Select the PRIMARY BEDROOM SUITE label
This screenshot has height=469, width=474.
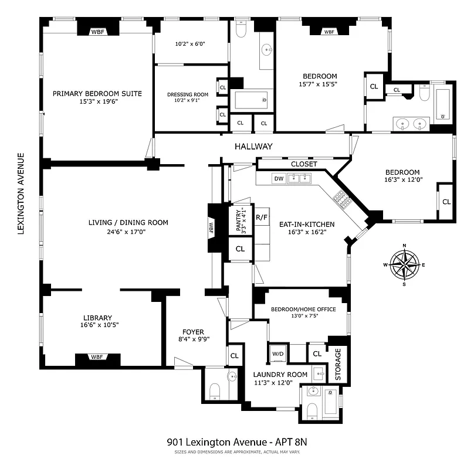[97, 93]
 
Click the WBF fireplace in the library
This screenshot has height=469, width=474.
[97, 356]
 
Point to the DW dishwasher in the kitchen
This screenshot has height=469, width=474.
[279, 179]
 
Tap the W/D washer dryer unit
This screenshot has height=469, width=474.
[277, 354]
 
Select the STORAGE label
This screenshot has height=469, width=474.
[338, 365]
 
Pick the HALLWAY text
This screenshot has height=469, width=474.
[253, 146]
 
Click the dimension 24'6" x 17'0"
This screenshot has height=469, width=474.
[128, 232]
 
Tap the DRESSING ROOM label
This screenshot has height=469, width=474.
[188, 94]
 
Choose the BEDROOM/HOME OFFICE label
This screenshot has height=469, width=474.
[303, 309]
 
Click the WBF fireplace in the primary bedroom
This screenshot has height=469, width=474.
[97, 32]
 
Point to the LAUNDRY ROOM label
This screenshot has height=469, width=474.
[280, 374]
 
